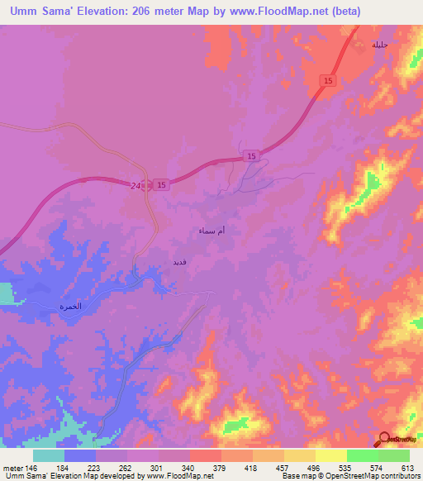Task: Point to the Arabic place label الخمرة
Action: point(70,306)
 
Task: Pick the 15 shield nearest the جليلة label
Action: point(330,79)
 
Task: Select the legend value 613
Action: point(406,468)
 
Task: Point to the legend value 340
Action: point(188,468)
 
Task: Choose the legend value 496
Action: point(314,468)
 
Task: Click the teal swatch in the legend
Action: point(49,455)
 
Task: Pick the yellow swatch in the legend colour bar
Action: point(330,455)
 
